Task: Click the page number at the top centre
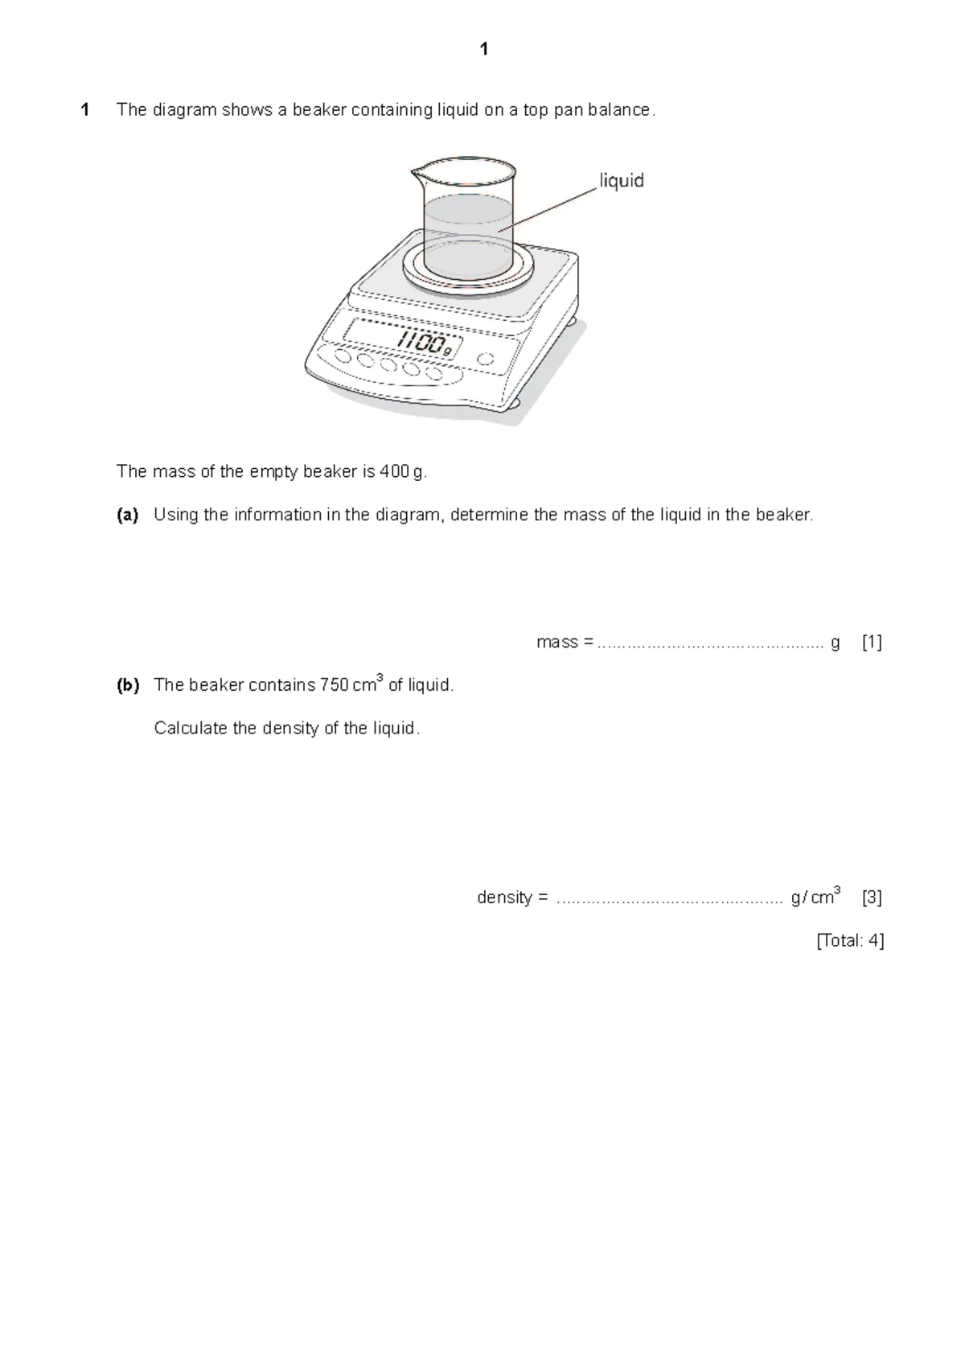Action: click(x=483, y=50)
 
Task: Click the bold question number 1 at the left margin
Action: click(x=84, y=110)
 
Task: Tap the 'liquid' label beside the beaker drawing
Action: click(x=622, y=181)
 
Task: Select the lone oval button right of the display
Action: click(x=485, y=359)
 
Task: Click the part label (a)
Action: click(x=127, y=515)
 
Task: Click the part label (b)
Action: click(x=127, y=685)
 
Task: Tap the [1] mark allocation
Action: click(x=872, y=643)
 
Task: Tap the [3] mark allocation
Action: click(x=872, y=898)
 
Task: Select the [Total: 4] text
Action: click(x=850, y=941)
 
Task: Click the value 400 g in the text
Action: click(x=402, y=472)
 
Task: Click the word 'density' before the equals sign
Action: click(x=504, y=898)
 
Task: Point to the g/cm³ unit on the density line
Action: click(x=815, y=897)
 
